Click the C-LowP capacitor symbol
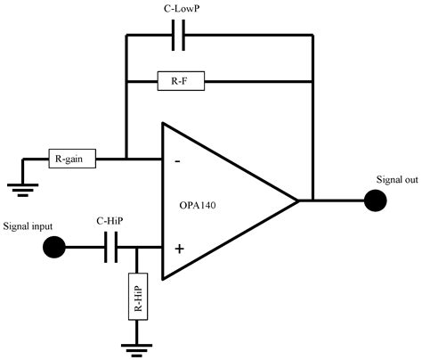178,37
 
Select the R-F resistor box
179,81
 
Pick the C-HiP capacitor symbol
110,249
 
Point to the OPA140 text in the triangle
207,205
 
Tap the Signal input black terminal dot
55,249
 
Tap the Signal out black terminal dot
376,200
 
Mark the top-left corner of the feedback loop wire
126,37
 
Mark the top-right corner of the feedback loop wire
313,37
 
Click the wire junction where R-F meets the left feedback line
126,81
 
